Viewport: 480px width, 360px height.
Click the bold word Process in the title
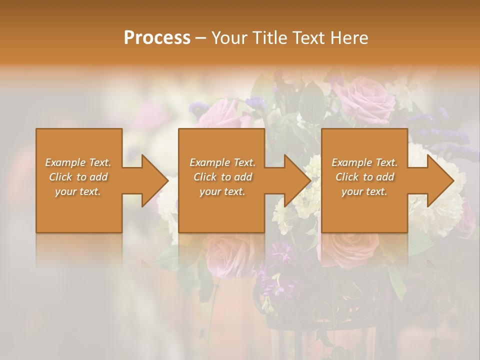point(157,38)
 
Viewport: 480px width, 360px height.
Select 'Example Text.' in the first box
point(78,162)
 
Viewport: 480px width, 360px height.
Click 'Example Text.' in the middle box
point(222,162)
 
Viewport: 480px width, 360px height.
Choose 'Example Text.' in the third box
point(364,162)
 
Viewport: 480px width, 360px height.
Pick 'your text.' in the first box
point(78,191)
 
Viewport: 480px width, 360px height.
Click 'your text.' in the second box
point(222,191)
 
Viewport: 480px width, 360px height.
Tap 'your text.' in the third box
point(364,191)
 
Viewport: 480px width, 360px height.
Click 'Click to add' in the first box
point(78,177)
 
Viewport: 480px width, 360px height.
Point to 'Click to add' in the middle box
point(222,177)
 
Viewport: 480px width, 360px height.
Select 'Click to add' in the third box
point(364,177)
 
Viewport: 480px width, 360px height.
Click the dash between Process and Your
point(200,38)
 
